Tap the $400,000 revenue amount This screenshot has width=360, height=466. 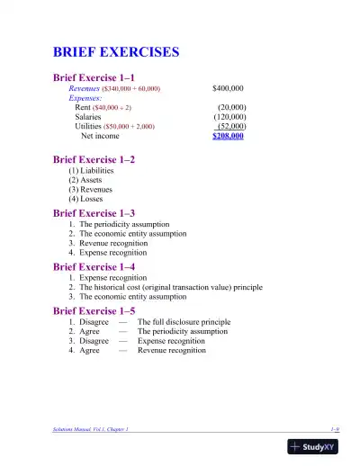(x=228, y=89)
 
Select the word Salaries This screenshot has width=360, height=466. (x=88, y=117)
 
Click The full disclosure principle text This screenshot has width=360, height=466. (x=184, y=322)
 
